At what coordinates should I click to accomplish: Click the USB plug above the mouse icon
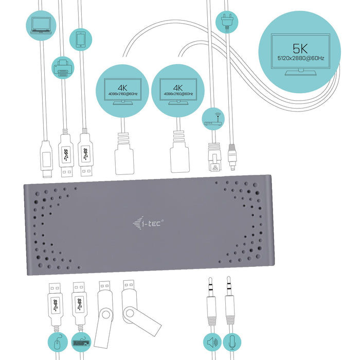pos(56,304)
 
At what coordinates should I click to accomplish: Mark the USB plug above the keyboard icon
pos(79,304)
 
